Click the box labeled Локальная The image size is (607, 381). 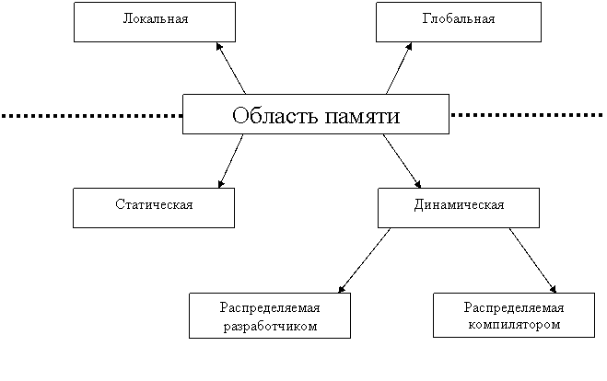155,22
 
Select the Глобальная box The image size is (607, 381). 459,22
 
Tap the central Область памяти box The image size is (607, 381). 316,114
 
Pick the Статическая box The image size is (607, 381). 154,208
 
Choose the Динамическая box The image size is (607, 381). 459,208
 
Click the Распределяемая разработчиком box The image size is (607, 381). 270,316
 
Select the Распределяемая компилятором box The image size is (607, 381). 514,316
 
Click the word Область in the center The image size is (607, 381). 274,115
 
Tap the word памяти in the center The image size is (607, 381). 362,117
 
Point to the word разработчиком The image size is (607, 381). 270,327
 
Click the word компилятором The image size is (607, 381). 514,324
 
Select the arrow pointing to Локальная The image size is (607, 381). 230,68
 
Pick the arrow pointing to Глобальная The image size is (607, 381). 399,68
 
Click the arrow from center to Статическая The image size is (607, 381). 230,161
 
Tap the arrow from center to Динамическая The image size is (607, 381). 402,161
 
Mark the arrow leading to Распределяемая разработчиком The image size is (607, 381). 364,260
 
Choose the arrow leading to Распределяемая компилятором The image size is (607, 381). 532,260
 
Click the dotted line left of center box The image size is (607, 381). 92,115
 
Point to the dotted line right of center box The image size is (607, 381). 527,115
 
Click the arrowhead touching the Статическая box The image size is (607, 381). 221,184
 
